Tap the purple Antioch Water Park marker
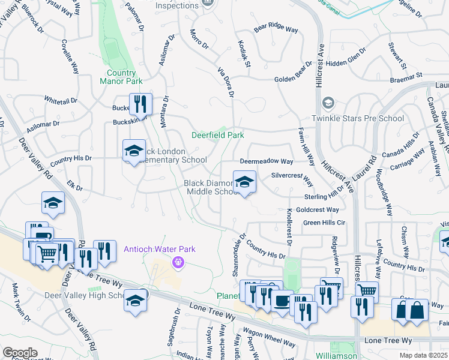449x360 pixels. pyautogui.click(x=177, y=262)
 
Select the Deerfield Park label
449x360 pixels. pyautogui.click(x=217, y=135)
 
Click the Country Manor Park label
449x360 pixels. pyautogui.click(x=121, y=77)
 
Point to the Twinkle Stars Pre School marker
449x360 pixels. pyautogui.click(x=328, y=104)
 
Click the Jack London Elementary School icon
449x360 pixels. pyautogui.click(x=134, y=151)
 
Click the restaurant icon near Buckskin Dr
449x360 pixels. pyautogui.click(x=139, y=104)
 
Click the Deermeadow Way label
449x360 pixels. pyautogui.click(x=266, y=161)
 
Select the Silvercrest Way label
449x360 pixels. pyautogui.click(x=292, y=178)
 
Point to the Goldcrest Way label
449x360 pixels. pyautogui.click(x=318, y=209)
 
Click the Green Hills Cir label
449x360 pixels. pyautogui.click(x=325, y=223)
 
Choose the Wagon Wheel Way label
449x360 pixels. pyautogui.click(x=269, y=337)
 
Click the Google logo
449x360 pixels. pyautogui.click(x=20, y=352)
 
